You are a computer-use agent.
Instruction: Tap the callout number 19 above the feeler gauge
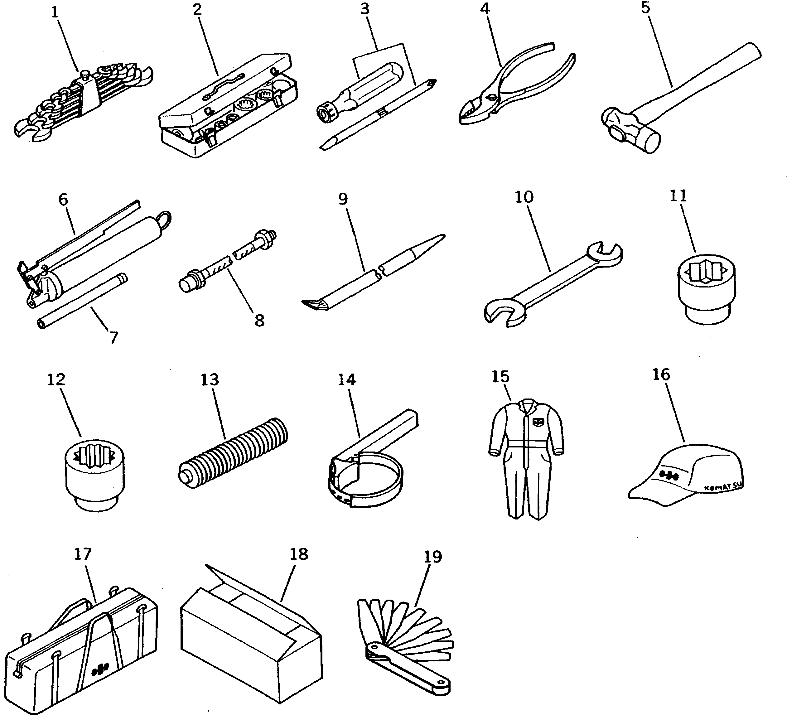[x=432, y=557]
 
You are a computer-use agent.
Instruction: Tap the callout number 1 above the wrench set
[x=55, y=12]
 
